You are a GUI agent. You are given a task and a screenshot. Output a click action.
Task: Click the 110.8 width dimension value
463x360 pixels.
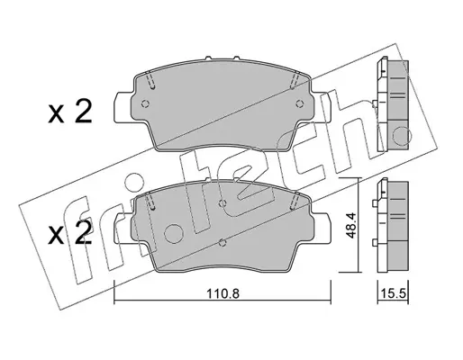pos(222,293)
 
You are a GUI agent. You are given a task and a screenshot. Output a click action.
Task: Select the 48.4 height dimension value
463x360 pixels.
pos(350,226)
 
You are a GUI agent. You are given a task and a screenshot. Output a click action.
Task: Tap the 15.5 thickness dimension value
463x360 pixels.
pos(394,293)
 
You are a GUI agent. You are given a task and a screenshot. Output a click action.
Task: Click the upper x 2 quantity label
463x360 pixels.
pos(69,113)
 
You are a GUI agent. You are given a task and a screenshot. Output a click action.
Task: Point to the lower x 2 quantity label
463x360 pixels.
pos(69,233)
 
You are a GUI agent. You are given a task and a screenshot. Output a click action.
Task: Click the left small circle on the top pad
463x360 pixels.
pos(145,103)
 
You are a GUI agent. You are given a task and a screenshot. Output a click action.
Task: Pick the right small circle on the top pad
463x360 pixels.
pos(298,103)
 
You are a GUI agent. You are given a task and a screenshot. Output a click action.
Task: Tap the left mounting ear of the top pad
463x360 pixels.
pos(123,107)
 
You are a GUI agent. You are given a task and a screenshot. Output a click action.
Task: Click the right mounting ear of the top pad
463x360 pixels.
pos(321,107)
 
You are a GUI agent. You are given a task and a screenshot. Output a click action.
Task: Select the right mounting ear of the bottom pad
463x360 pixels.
pos(321,228)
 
